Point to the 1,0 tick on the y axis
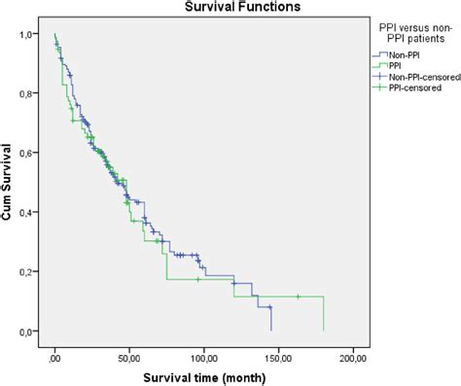pyautogui.click(x=31, y=35)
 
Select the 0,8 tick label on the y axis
pyautogui.click(x=31, y=94)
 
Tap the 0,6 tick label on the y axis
pyautogui.click(x=31, y=154)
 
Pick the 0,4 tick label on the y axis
pyautogui.click(x=31, y=213)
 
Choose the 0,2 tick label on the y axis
pyautogui.click(x=31, y=272)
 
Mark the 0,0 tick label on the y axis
pyautogui.click(x=31, y=332)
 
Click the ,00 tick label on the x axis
pyautogui.click(x=55, y=354)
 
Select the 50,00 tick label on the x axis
pyautogui.click(x=129, y=354)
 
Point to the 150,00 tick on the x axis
pyautogui.click(x=279, y=354)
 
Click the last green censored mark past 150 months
pyautogui.click(x=298, y=297)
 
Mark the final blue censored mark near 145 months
pyautogui.click(x=270, y=307)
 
